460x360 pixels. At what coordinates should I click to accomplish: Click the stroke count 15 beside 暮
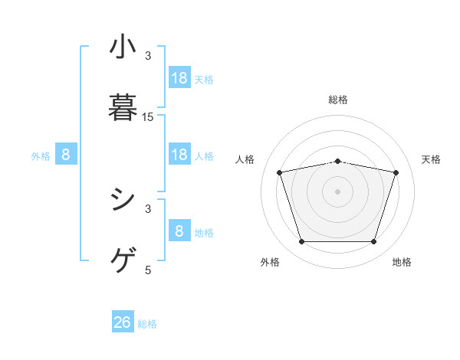click(x=148, y=117)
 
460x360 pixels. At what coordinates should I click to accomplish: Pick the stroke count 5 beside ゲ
click(x=148, y=270)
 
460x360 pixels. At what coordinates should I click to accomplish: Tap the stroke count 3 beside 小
click(x=148, y=56)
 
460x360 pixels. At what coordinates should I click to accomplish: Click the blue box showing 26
click(x=123, y=323)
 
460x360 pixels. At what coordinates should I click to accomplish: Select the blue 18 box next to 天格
click(x=179, y=77)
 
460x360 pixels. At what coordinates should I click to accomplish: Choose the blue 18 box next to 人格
click(x=179, y=155)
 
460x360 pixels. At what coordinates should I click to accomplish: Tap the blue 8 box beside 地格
click(x=179, y=231)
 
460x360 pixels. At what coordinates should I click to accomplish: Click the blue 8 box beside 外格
click(x=66, y=155)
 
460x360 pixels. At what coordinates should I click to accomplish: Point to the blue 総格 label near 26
click(x=147, y=324)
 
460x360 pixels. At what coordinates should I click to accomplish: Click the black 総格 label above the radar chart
click(x=338, y=100)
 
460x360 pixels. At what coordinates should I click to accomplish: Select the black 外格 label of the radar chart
click(x=270, y=263)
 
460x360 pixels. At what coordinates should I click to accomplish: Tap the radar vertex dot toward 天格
click(x=396, y=172)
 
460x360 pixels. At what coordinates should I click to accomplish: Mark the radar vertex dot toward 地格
click(x=373, y=242)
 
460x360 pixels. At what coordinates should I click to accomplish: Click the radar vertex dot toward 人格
click(x=280, y=172)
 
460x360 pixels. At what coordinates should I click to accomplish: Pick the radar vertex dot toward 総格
click(x=338, y=161)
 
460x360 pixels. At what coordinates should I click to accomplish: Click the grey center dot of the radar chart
click(x=338, y=191)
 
